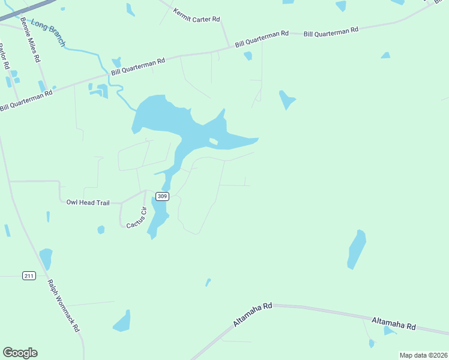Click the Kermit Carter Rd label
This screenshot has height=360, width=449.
196,16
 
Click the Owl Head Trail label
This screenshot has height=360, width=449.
88,203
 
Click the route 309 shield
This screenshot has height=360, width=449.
162,196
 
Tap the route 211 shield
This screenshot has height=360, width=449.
29,275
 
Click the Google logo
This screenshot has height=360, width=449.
20,353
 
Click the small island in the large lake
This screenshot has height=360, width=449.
213,142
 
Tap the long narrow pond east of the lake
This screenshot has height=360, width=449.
357,249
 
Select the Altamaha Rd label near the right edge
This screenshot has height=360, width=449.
393,324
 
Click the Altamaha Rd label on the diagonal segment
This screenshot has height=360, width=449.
253,314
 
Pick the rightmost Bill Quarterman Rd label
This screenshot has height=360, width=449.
331,29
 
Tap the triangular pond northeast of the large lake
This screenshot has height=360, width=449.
287,99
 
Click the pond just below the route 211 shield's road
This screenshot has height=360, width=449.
46,259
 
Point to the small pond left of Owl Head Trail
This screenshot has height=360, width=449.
47,216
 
